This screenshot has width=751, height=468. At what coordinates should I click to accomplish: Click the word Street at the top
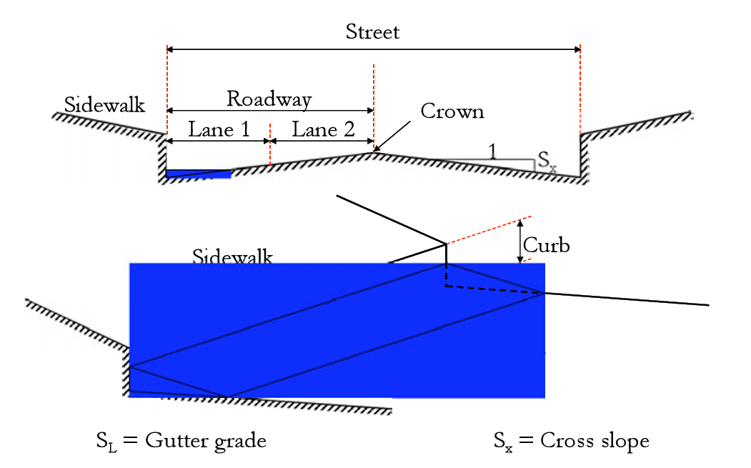pos(372,32)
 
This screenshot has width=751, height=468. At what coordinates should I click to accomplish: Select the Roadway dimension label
pos(269,99)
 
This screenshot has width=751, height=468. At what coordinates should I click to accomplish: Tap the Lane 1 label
pos(219,129)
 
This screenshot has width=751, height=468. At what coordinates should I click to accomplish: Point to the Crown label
pos(452,111)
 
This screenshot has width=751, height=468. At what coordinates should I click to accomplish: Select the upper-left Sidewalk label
pos(104,104)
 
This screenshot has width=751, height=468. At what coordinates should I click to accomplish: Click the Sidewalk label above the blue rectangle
pos(232,257)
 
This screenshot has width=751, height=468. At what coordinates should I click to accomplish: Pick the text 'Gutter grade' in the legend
pos(206,441)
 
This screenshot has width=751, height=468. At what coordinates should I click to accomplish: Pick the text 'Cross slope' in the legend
pos(595,441)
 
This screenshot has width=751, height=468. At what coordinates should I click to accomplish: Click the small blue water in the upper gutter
pos(198,174)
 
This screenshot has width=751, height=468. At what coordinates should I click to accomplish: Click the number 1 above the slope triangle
pos(492,149)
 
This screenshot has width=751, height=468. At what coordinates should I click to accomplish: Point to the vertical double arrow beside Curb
pos(519,240)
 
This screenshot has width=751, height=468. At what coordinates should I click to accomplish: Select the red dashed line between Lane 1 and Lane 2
pos(270,143)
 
